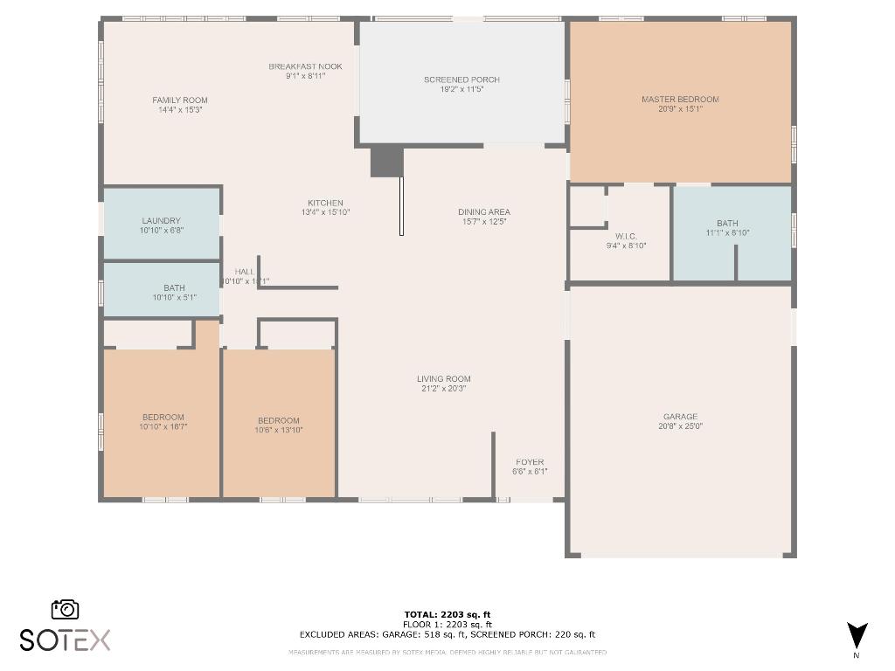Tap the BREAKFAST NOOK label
click(x=305, y=66)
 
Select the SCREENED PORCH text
click(x=461, y=80)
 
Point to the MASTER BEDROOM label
click(x=680, y=100)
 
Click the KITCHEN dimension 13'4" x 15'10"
click(x=325, y=212)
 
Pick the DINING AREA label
click(x=483, y=212)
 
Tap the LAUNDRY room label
click(x=161, y=221)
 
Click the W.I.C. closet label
click(x=625, y=236)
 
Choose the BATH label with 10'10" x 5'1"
click(x=174, y=288)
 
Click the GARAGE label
click(x=680, y=417)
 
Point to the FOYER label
click(x=530, y=462)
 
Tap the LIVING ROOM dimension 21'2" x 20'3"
click(x=443, y=389)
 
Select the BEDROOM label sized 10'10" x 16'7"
click(x=163, y=418)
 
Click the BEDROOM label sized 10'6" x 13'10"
click(x=278, y=420)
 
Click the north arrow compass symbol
click(x=857, y=635)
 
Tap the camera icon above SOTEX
click(x=66, y=609)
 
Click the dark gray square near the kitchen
click(x=386, y=162)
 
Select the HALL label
click(x=245, y=272)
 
